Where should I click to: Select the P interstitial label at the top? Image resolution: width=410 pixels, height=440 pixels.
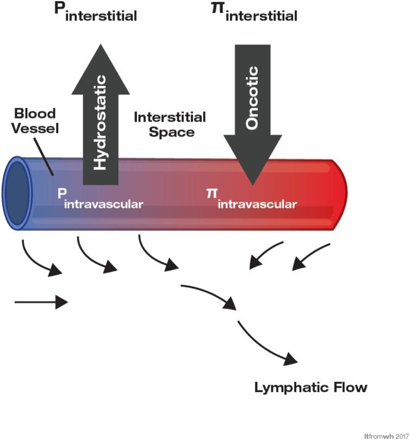point(96,13)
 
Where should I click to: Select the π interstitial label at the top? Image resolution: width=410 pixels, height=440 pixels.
point(254,13)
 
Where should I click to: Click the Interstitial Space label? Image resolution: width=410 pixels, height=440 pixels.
point(170,124)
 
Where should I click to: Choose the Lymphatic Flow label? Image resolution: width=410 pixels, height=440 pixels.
point(311,388)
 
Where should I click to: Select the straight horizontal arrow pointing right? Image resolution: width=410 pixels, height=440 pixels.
point(41,301)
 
